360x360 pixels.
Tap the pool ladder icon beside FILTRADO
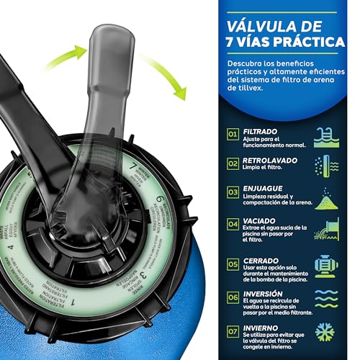(x=325, y=135)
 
